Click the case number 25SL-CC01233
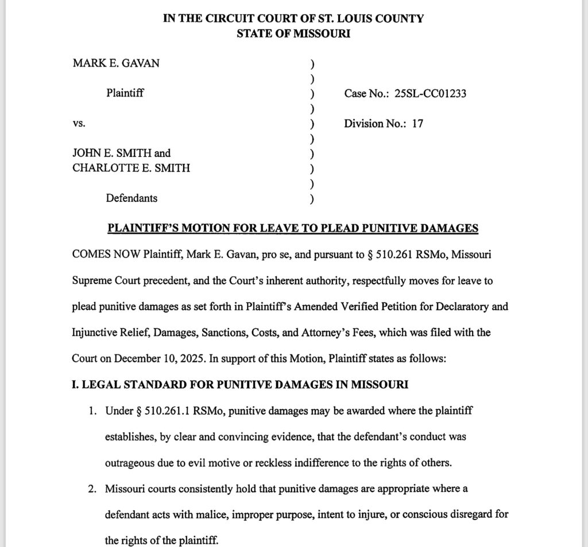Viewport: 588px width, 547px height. pyautogui.click(x=431, y=94)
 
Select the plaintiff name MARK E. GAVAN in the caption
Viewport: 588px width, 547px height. pyautogui.click(x=116, y=63)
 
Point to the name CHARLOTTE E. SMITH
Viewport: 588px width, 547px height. pyautogui.click(x=131, y=168)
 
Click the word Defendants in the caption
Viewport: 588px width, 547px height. pyautogui.click(x=131, y=198)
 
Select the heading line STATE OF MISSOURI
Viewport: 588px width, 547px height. pyautogui.click(x=293, y=33)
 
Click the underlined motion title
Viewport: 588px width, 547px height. pyautogui.click(x=293, y=228)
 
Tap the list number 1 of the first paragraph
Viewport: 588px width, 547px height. pyautogui.click(x=91, y=411)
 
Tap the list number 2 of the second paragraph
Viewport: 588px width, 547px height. pyautogui.click(x=91, y=490)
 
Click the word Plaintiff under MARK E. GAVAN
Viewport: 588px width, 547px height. pyautogui.click(x=125, y=93)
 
